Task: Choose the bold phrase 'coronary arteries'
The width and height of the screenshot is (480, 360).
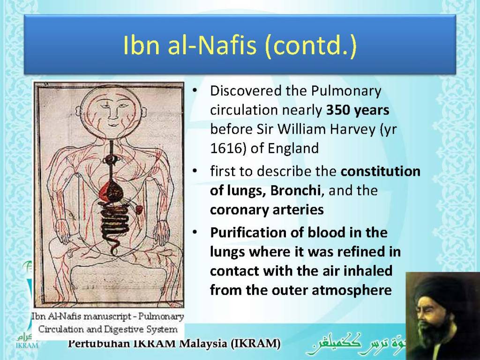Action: click(267, 210)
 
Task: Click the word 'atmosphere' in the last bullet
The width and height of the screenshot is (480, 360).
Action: click(355, 290)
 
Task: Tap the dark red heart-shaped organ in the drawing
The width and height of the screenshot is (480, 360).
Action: click(112, 190)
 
